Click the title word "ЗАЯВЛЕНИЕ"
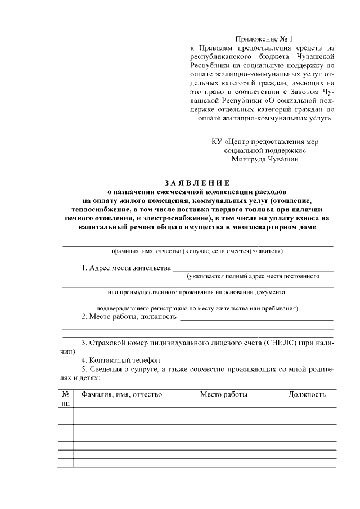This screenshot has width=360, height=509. pyautogui.click(x=197, y=182)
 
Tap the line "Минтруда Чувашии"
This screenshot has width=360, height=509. pyautogui.click(x=265, y=159)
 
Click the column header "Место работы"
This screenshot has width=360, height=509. pyautogui.click(x=224, y=394)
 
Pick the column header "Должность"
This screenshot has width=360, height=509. pyautogui.click(x=307, y=394)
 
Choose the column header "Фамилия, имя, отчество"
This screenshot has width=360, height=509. pyautogui.click(x=121, y=394)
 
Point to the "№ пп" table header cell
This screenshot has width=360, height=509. pyautogui.click(x=65, y=398)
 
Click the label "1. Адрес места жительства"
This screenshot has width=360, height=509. pyautogui.click(x=126, y=268)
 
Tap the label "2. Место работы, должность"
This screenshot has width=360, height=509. pyautogui.click(x=129, y=316)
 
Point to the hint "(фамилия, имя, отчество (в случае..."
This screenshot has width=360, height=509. pyautogui.click(x=197, y=250)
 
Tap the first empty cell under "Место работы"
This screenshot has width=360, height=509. pyautogui.click(x=224, y=411)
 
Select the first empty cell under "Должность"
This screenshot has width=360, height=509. pyautogui.click(x=307, y=411)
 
